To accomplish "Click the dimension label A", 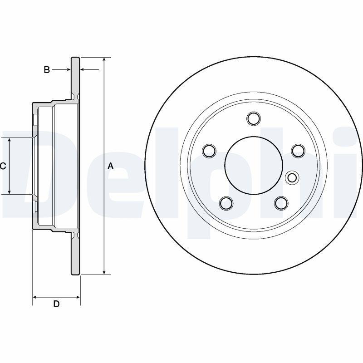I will click(x=110, y=167).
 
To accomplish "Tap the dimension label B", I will click(x=46, y=70).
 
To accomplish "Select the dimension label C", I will click(x=3, y=166).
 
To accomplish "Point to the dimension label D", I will click(x=56, y=304).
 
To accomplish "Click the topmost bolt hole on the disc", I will click(x=254, y=119).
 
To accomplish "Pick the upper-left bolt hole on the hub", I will click(x=209, y=150).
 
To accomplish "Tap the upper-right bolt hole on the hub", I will click(x=298, y=150).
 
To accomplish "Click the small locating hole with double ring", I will click(x=292, y=177).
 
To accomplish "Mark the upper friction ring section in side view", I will click(x=75, y=77).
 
